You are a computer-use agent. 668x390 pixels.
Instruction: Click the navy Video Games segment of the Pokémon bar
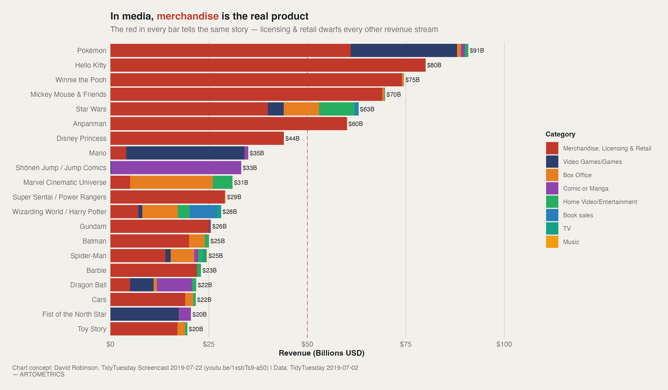click(x=403, y=50)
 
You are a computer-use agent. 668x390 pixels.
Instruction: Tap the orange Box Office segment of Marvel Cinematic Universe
click(x=171, y=182)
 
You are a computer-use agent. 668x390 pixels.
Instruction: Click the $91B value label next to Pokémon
click(x=477, y=50)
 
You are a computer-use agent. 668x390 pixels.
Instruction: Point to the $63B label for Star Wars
click(x=367, y=109)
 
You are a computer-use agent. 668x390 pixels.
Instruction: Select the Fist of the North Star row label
click(x=74, y=314)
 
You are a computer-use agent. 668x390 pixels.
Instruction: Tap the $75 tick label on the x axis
click(x=406, y=344)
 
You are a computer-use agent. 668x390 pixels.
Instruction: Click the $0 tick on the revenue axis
click(x=110, y=344)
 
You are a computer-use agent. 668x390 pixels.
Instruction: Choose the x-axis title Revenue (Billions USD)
click(x=322, y=353)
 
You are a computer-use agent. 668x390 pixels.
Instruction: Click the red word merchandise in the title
click(x=188, y=16)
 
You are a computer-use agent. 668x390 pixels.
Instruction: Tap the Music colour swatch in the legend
click(x=552, y=242)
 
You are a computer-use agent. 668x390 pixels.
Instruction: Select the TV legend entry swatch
click(x=552, y=228)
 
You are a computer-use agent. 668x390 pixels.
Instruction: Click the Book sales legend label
click(x=578, y=215)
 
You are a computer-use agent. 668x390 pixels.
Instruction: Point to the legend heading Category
click(x=560, y=134)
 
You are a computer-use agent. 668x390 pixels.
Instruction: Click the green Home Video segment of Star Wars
click(x=337, y=109)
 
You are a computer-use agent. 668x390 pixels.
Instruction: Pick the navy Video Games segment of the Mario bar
click(x=185, y=153)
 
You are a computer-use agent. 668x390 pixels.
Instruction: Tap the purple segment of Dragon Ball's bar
click(x=174, y=285)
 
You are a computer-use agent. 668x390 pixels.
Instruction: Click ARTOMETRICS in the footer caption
click(x=42, y=374)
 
